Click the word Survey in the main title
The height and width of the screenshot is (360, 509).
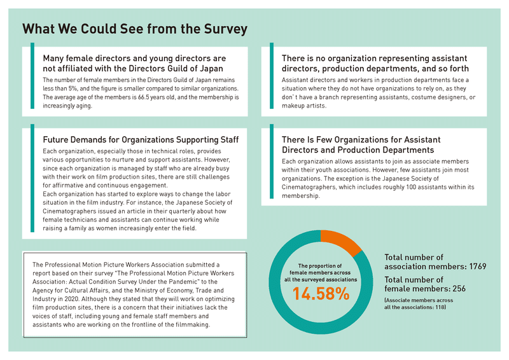[225, 29]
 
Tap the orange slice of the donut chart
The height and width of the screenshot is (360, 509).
[340, 241]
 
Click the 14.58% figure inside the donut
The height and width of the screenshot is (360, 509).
[321, 294]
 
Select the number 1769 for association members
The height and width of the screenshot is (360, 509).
[478, 267]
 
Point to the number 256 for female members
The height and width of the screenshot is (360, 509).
[459, 289]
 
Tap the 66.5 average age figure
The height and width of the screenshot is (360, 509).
[144, 97]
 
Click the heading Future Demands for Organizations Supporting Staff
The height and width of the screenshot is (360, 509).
[141, 140]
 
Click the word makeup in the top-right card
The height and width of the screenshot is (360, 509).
[293, 106]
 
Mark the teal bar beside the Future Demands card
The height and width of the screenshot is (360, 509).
[32, 178]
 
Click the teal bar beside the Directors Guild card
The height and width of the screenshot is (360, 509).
[32, 76]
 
